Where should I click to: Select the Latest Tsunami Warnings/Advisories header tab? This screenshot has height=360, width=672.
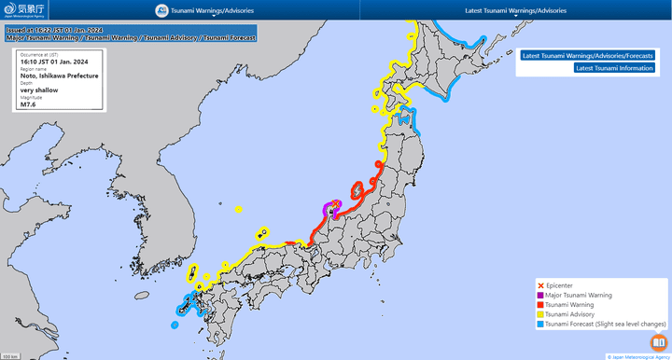pyautogui.click(x=515, y=11)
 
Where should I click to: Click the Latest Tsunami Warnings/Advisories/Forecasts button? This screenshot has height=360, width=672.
pyautogui.click(x=587, y=55)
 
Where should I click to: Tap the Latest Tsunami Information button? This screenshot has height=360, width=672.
pyautogui.click(x=614, y=68)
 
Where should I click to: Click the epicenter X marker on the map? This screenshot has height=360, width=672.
pyautogui.click(x=335, y=202)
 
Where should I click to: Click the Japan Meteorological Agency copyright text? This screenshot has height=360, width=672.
pyautogui.click(x=637, y=355)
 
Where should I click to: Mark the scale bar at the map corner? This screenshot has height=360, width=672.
pyautogui.click(x=11, y=355)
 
